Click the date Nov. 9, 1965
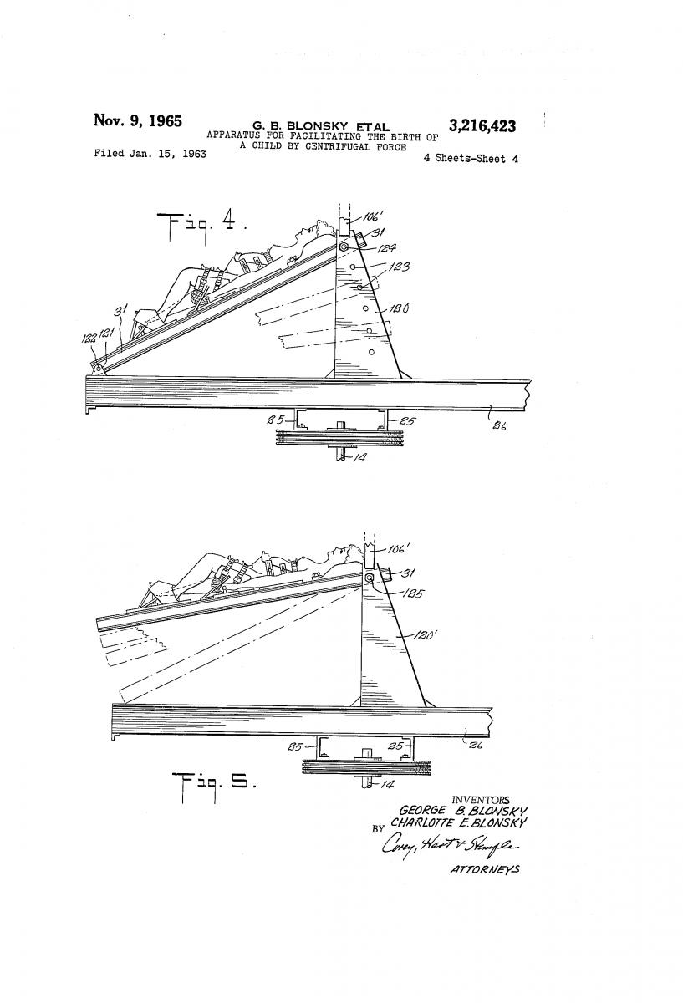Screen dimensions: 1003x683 pos(137,120)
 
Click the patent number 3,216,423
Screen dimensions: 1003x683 pos(482,126)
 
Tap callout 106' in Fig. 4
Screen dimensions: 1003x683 pos(370,216)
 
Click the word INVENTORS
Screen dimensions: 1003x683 pos(480,800)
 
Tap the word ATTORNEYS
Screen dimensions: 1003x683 pos(485,869)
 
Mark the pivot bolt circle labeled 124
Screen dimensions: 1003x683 pos(344,247)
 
